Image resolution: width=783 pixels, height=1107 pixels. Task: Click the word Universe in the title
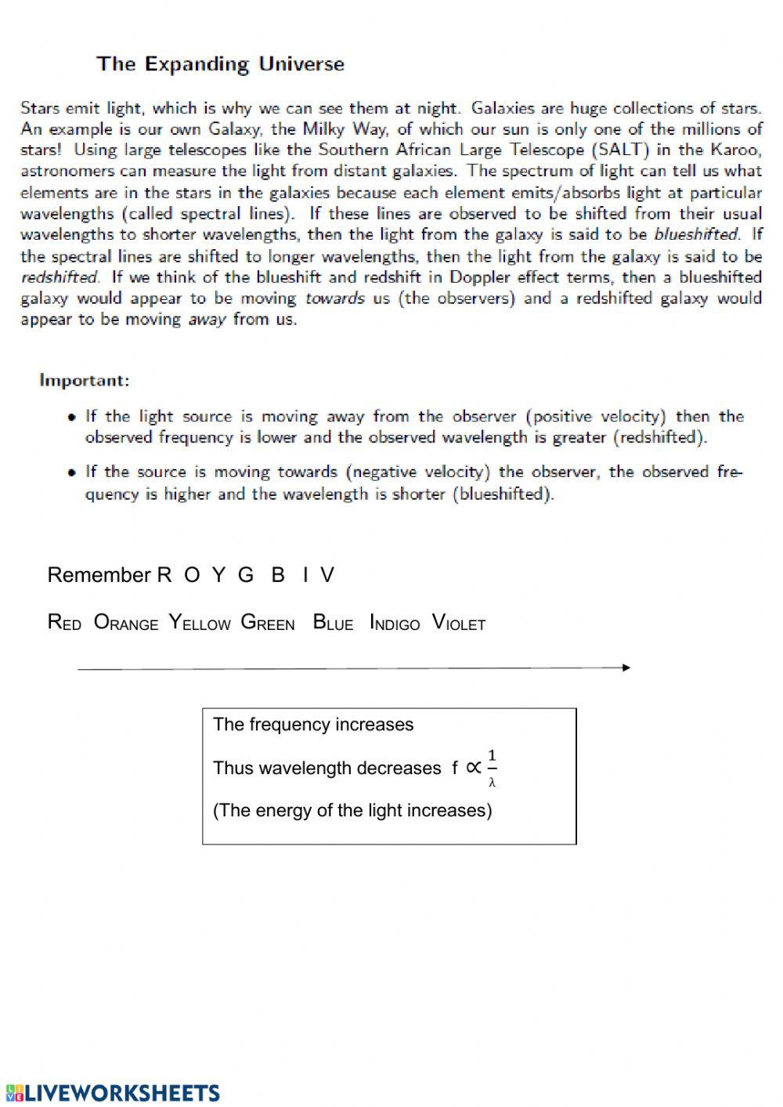click(301, 64)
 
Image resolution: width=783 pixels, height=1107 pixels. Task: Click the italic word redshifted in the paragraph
click(60, 277)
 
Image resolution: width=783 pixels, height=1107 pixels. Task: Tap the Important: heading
click(85, 381)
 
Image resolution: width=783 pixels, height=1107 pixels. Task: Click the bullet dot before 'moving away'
click(72, 417)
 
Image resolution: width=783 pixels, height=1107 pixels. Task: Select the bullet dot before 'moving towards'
click(72, 472)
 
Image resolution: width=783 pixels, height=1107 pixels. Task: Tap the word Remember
click(99, 575)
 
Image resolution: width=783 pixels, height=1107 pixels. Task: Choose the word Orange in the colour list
click(125, 624)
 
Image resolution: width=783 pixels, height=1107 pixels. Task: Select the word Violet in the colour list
click(459, 624)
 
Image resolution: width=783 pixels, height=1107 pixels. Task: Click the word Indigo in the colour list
click(395, 624)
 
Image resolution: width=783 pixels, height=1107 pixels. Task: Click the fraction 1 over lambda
click(492, 768)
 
